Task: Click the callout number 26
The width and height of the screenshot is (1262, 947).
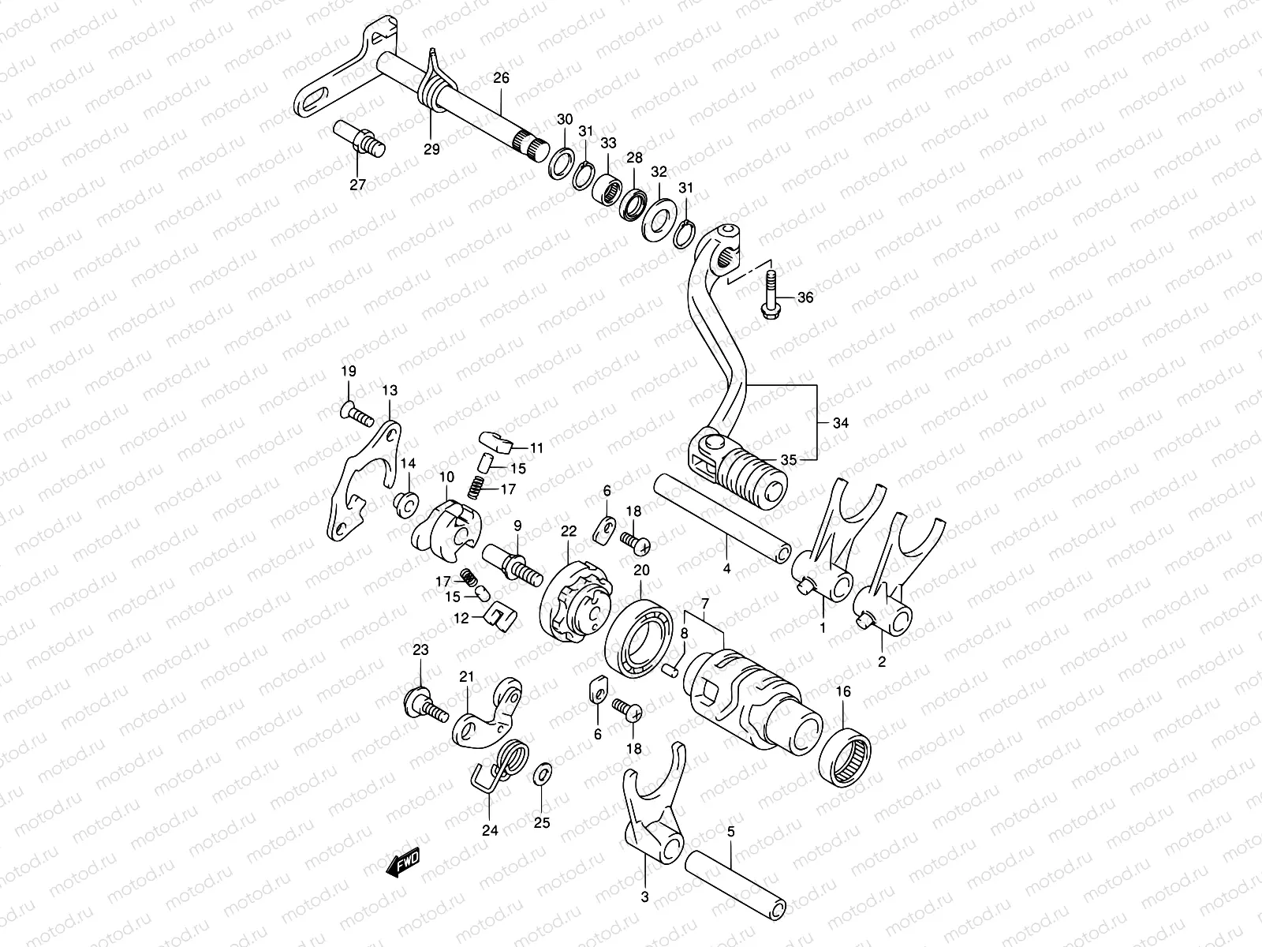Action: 502,78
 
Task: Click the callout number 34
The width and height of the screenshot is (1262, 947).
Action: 841,423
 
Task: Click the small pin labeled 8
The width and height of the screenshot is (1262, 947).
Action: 672,670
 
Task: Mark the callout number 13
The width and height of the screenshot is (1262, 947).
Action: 390,391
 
